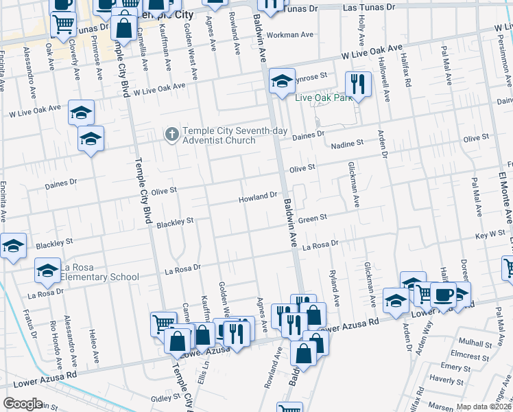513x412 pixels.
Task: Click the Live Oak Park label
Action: coord(323,98)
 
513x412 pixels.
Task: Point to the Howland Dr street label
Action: coord(257,197)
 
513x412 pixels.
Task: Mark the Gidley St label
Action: coord(165,398)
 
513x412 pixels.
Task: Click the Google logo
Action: coord(23,403)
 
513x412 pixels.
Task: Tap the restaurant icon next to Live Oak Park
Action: coord(358,84)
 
